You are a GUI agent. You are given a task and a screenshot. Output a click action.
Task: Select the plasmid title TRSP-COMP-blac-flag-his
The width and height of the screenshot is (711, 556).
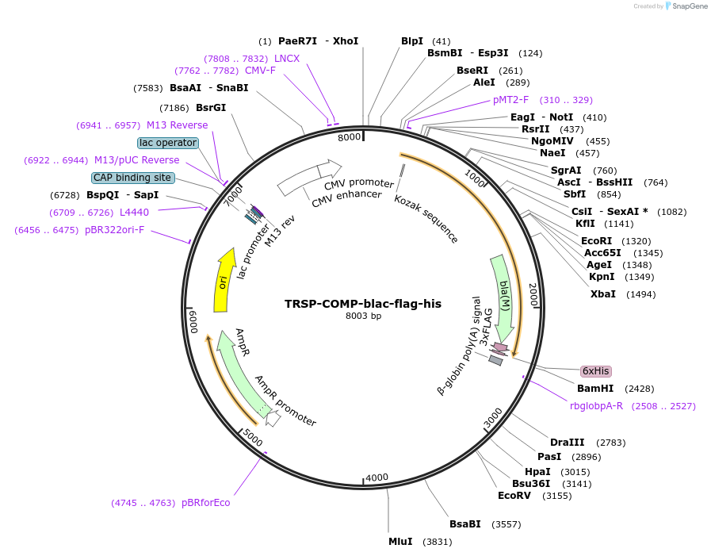point(363,304)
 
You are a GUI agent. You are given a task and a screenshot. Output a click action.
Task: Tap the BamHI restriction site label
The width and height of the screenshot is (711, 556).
point(595,389)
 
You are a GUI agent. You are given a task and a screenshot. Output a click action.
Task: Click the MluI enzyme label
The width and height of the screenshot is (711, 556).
point(400,542)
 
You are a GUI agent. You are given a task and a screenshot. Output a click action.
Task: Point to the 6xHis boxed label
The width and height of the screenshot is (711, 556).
point(596,371)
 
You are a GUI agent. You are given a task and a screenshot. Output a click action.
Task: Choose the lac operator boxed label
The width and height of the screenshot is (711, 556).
point(167,143)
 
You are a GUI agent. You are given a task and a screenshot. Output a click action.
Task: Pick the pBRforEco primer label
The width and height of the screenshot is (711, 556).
point(205,502)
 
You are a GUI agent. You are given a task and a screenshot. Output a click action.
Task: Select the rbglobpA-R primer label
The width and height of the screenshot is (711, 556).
point(596,406)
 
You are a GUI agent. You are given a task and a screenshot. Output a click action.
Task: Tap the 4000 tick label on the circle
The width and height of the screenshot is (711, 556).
point(377,477)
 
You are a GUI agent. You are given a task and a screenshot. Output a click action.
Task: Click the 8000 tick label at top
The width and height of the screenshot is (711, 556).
point(350,136)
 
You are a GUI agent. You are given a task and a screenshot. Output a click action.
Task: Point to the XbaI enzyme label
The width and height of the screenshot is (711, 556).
point(603,294)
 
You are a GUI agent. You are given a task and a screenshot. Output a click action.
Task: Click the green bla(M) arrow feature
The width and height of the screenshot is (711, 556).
point(503,293)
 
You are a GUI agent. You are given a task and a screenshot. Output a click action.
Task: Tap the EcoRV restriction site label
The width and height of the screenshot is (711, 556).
point(513,496)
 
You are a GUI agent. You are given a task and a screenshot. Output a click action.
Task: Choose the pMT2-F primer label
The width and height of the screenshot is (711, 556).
point(510,100)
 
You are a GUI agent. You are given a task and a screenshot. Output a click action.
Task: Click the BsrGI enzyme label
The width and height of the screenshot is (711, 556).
point(211,108)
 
